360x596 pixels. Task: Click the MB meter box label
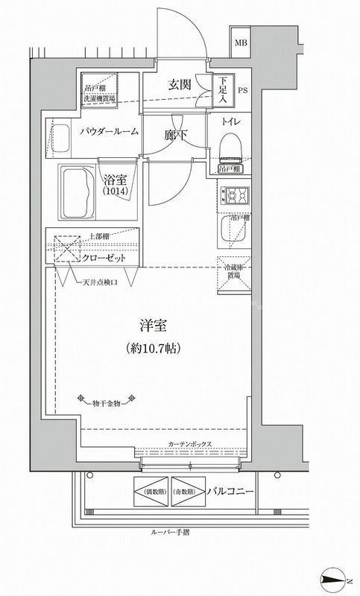coord(241,42)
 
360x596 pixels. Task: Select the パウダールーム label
coord(110,132)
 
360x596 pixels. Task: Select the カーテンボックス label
coord(190,444)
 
